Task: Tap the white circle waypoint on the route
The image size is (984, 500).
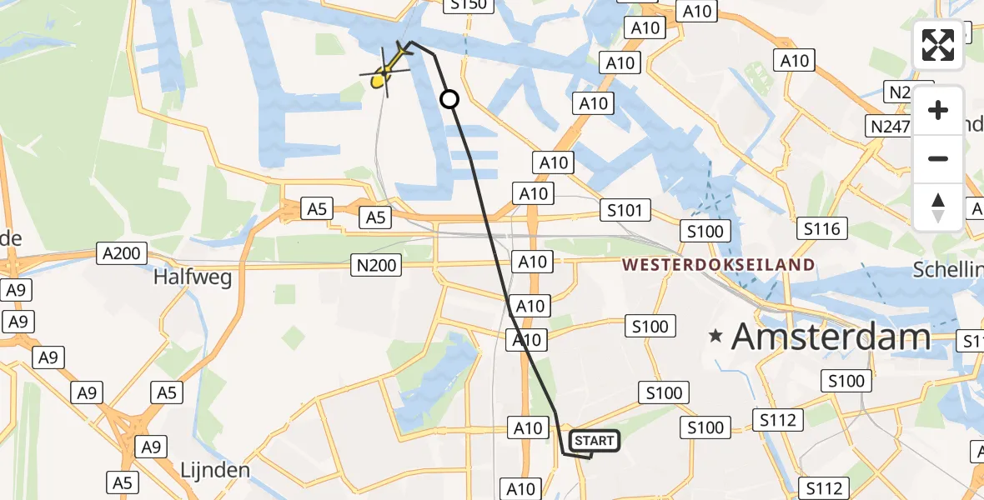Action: (449, 100)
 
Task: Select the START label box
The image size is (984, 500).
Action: (594, 440)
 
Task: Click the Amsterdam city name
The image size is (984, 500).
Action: (831, 337)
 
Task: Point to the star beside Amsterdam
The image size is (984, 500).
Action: (715, 337)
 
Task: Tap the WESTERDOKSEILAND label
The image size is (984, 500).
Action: (718, 265)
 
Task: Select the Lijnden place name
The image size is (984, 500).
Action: (215, 470)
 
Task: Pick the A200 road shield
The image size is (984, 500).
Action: (123, 252)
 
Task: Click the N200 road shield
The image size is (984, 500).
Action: (376, 266)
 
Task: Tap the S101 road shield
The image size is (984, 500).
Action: (625, 210)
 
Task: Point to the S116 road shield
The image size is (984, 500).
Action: (821, 228)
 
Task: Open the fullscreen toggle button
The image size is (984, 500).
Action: (938, 45)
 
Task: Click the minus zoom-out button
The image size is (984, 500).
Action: (938, 158)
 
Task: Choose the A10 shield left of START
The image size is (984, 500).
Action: (527, 428)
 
